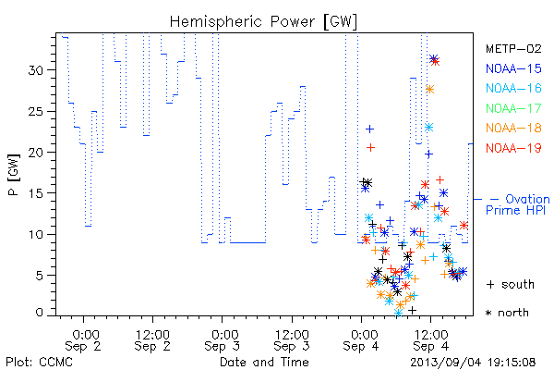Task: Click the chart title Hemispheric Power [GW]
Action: pyautogui.click(x=263, y=21)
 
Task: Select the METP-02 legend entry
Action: pyautogui.click(x=513, y=48)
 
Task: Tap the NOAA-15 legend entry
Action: pyautogui.click(x=513, y=68)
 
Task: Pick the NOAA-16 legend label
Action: pyautogui.click(x=513, y=88)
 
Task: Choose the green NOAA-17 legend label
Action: pyautogui.click(x=513, y=108)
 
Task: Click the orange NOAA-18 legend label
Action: pyautogui.click(x=513, y=128)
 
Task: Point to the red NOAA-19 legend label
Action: pyautogui.click(x=513, y=148)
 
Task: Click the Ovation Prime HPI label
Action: pyautogui.click(x=518, y=204)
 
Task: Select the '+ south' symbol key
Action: pyautogui.click(x=511, y=284)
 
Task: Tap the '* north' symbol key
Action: pyautogui.click(x=507, y=313)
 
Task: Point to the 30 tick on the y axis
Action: pyautogui.click(x=35, y=70)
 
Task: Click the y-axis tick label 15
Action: pyautogui.click(x=35, y=193)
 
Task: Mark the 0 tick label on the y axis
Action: pyautogui.click(x=39, y=313)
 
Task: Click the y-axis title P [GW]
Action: pyautogui.click(x=14, y=174)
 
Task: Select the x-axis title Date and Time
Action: pyautogui.click(x=264, y=363)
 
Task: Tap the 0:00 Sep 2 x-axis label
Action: pyautogui.click(x=84, y=340)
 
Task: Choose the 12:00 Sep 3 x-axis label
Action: pyautogui.click(x=292, y=340)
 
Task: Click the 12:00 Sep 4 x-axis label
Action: pyautogui.click(x=430, y=340)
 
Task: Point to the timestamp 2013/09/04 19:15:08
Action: pyautogui.click(x=473, y=363)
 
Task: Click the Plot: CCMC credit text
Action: pyautogui.click(x=39, y=363)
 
